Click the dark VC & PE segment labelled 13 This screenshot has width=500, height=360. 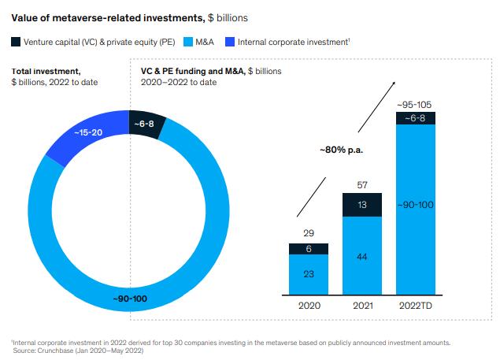(362, 205)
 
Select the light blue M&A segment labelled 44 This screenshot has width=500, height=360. (362, 257)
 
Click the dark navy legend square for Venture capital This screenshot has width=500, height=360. (17, 41)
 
